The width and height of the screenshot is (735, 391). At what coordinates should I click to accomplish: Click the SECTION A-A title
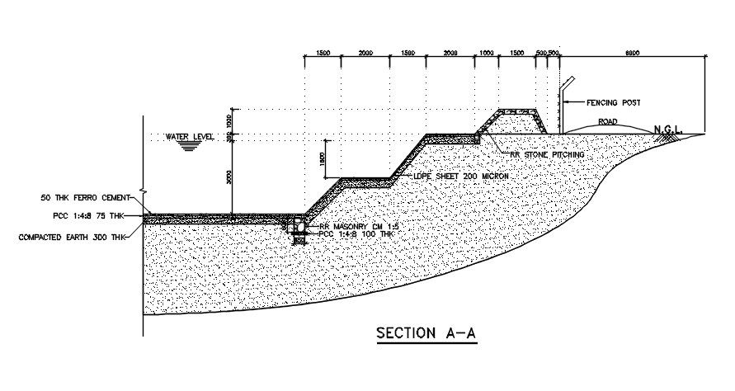point(426,334)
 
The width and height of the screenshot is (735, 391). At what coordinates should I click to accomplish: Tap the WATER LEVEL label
point(191,136)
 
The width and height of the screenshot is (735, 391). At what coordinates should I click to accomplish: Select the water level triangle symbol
point(191,145)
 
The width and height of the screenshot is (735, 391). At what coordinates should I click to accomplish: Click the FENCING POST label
point(613,103)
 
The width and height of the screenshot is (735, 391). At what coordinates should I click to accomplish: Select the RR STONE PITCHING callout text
point(547,154)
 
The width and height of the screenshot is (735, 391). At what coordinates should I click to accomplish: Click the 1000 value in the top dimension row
point(486,53)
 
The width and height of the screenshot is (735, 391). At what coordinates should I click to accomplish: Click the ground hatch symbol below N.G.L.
point(665,139)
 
